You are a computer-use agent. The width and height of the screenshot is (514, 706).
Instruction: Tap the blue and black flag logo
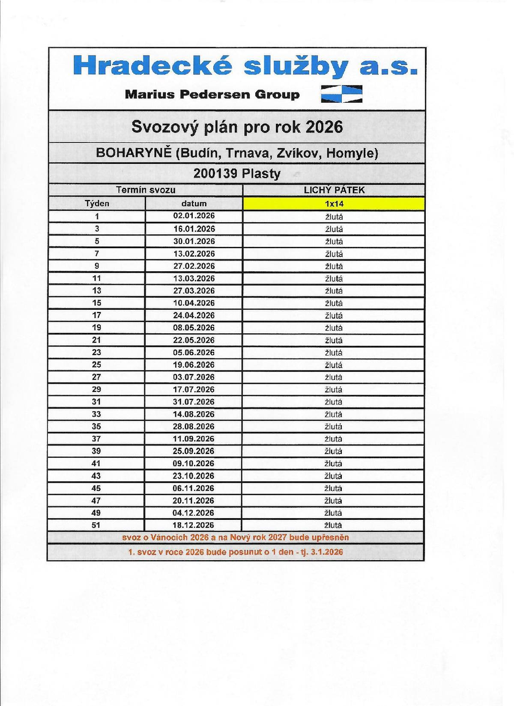[341, 94]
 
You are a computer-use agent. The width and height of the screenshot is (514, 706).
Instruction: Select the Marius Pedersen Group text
[212, 95]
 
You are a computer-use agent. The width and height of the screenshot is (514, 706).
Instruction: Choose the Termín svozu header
[146, 190]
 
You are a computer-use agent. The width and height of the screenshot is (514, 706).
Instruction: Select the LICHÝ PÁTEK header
[334, 190]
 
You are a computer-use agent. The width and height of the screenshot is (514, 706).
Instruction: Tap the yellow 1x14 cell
[334, 204]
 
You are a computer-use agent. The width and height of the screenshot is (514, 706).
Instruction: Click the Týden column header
[97, 204]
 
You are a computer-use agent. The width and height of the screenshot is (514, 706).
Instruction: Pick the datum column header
[194, 204]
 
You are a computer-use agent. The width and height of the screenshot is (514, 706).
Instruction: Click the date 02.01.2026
[194, 216]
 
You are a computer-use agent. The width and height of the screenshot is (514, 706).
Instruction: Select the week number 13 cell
[97, 291]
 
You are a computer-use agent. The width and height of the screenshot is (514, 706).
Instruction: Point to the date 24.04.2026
[194, 315]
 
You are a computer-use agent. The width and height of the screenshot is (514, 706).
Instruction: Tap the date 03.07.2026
[194, 377]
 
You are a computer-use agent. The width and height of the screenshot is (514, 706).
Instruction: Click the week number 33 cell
[97, 414]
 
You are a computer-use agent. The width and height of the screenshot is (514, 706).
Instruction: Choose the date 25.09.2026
[194, 451]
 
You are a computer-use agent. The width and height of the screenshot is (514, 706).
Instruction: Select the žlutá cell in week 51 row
[334, 525]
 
